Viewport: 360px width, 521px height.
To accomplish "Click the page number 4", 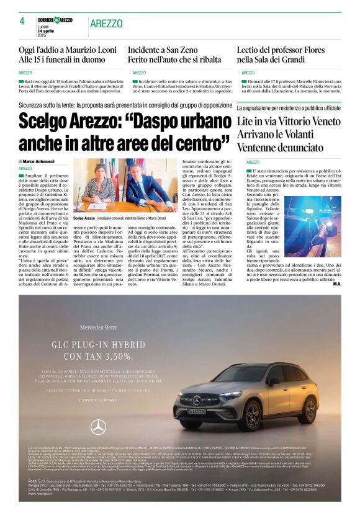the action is (22, 21).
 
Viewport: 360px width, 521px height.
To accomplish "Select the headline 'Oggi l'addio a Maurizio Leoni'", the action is (68, 50).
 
